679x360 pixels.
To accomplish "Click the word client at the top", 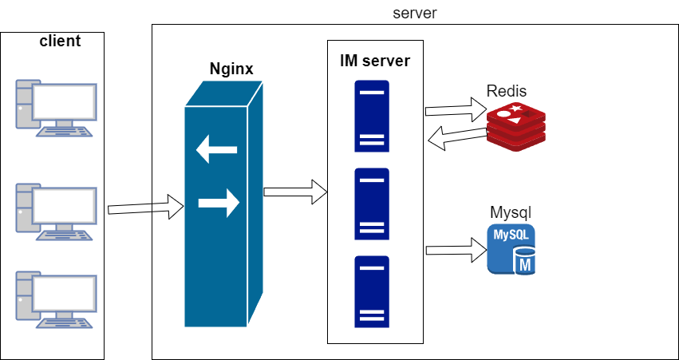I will point(60,41).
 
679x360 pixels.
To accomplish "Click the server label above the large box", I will point(414,14).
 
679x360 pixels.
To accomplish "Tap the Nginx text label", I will point(231,69).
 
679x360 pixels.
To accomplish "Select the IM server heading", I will point(375,61).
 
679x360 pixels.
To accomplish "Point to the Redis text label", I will point(507,90).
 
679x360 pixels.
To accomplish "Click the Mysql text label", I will point(511,213).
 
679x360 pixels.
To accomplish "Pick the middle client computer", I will point(57,210).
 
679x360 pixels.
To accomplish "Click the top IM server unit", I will point(372,118).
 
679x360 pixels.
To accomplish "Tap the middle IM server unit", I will point(372,204).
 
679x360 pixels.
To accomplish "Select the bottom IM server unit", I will point(372,291).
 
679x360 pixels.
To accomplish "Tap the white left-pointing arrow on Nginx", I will point(217,148).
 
